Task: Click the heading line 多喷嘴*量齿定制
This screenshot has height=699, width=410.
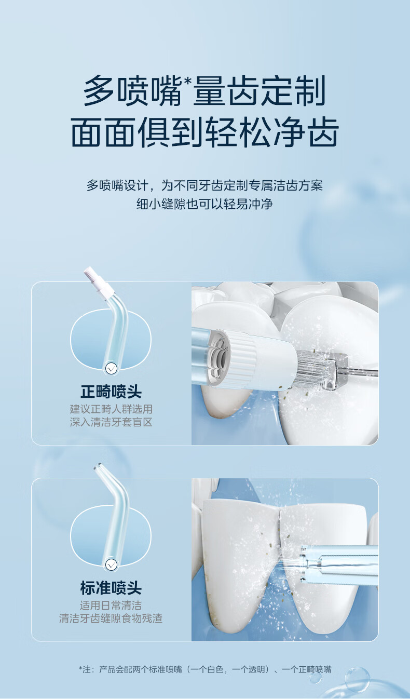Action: coord(204,91)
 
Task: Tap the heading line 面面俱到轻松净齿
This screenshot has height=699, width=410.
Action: coord(205,132)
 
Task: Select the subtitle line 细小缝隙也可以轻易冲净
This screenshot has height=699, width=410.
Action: coord(205,204)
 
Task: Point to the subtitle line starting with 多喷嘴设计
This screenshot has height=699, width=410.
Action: coord(205,185)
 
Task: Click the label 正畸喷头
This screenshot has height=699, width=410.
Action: coord(111,392)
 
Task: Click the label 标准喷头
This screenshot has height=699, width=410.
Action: coord(111,588)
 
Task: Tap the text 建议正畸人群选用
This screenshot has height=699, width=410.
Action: coord(111,409)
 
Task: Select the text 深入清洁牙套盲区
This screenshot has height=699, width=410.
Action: coord(111,422)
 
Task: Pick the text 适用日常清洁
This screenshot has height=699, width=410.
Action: coord(111,606)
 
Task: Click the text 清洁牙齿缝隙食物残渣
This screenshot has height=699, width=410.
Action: coord(111,619)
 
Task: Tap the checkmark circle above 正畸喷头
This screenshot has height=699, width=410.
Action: coord(111,369)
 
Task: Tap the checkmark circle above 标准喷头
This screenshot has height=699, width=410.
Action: coord(111,564)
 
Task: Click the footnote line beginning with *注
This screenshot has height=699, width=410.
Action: coord(205,669)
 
